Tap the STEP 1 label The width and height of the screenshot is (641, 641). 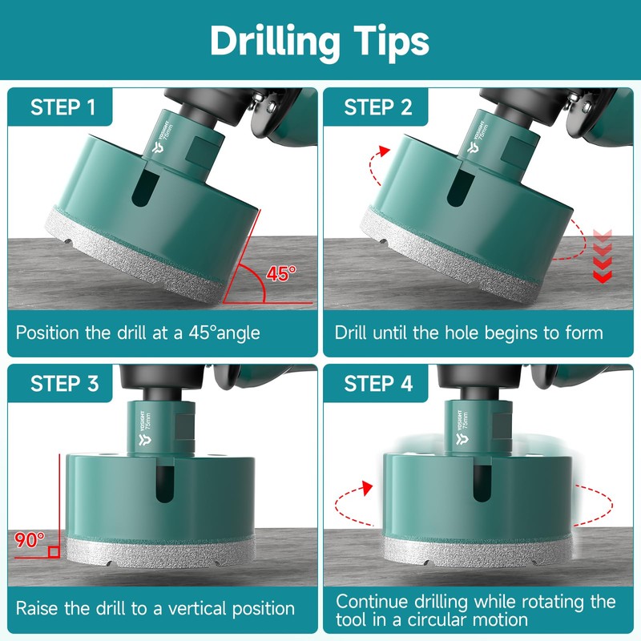[x=63, y=107]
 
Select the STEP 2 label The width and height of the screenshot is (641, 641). [x=378, y=107]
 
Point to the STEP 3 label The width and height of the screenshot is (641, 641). [x=64, y=384]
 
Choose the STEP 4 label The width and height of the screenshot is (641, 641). [x=378, y=384]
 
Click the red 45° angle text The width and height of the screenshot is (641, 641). [x=281, y=273]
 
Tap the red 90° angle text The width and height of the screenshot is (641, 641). [x=30, y=540]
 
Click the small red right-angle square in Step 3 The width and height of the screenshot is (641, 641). [x=54, y=552]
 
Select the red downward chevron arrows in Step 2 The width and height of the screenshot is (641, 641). [x=603, y=256]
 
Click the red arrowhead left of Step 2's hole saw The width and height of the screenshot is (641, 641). [x=384, y=151]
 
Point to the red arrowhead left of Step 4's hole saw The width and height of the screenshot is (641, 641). [x=367, y=488]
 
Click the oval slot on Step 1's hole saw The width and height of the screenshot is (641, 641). [x=145, y=187]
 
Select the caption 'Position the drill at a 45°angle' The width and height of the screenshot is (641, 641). [x=138, y=333]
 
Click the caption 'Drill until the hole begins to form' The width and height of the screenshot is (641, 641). [x=469, y=333]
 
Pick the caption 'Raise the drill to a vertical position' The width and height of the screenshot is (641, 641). [x=155, y=609]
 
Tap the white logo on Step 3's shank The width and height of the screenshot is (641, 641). [x=145, y=439]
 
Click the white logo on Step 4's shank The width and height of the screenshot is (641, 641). [x=462, y=439]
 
